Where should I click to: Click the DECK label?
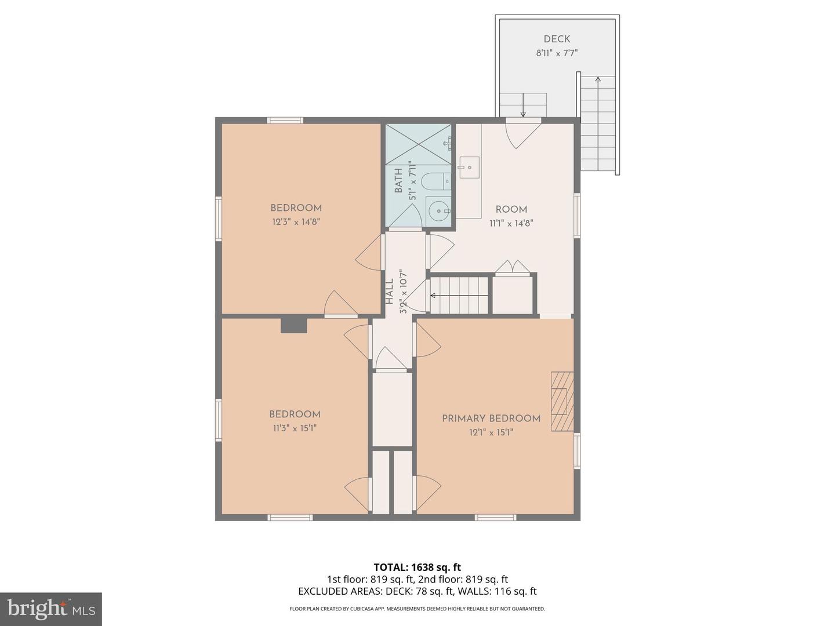pos(557,39)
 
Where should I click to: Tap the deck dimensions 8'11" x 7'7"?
pos(557,53)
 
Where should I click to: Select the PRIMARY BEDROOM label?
pos(491,418)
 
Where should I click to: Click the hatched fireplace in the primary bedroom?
pos(562,401)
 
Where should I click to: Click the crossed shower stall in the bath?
pos(419,143)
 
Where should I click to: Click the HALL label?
pos(390,292)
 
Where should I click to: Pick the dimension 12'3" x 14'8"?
pos(296,221)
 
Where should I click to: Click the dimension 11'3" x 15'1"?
pos(295,428)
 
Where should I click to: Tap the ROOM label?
pos(511,210)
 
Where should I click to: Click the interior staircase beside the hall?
pos(460,295)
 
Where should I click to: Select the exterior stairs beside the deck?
pos(598,125)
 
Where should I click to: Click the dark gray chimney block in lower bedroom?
pos(293,325)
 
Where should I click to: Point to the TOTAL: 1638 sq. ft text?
pos(417,567)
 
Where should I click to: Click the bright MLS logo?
pos(51,609)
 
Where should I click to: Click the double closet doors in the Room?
pos(513,267)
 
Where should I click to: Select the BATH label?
pos(399,181)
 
